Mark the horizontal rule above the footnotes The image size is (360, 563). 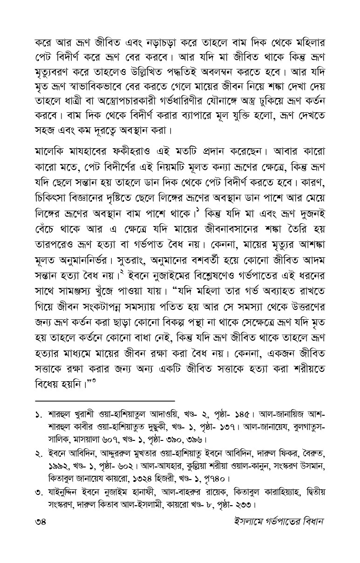pyautogui.click(x=105, y=400)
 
